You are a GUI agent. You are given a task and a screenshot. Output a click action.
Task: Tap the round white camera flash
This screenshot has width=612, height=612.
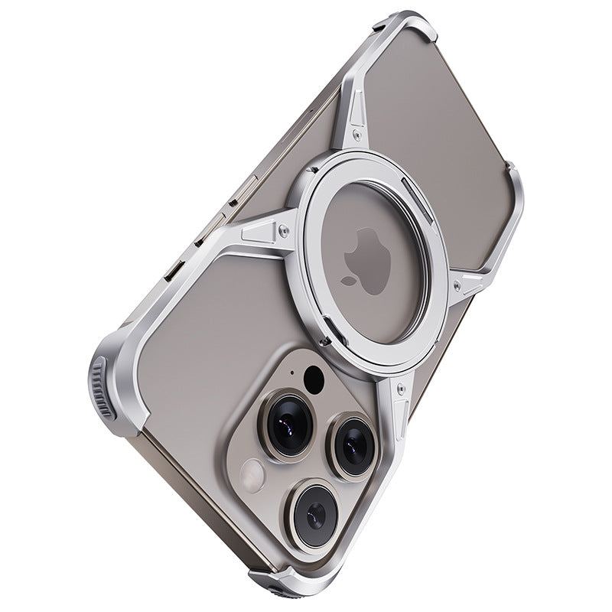pyautogui.click(x=252, y=477)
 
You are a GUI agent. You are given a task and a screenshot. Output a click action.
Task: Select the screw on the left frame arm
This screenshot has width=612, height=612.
pyautogui.click(x=284, y=227)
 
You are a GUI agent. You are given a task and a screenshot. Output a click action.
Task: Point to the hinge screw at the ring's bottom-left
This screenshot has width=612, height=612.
pyautogui.click(x=325, y=341)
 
